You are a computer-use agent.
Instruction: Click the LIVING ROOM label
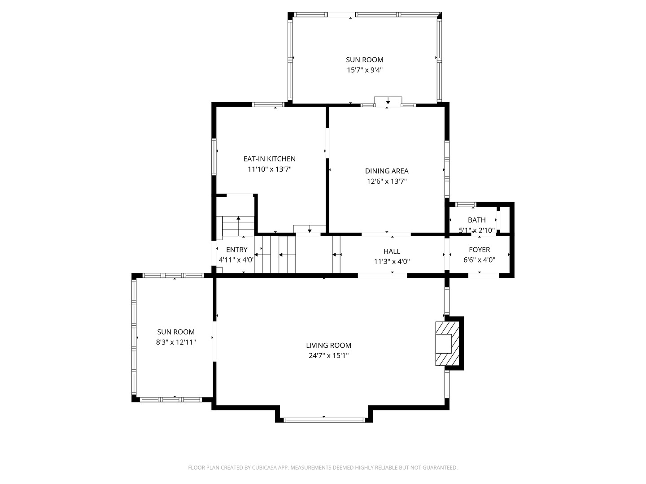pyautogui.click(x=328, y=345)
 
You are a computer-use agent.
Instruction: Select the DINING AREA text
pyautogui.click(x=387, y=171)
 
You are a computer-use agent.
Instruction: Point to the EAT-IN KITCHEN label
pyautogui.click(x=269, y=159)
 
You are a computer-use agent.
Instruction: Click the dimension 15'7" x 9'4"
pyautogui.click(x=365, y=70)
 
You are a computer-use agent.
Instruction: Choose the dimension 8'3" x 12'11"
pyautogui.click(x=176, y=342)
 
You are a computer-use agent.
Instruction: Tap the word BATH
pyautogui.click(x=477, y=220)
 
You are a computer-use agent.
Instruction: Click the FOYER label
pyautogui.click(x=480, y=250)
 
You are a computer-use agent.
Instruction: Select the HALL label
pyautogui.click(x=392, y=251)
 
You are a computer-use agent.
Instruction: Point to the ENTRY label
pyautogui.click(x=236, y=250)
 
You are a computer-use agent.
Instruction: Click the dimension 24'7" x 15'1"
pyautogui.click(x=328, y=355)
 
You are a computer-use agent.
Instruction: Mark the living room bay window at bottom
pyautogui.click(x=324, y=420)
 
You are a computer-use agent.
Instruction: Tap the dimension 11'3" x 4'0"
pyautogui.click(x=392, y=262)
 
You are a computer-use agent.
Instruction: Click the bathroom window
pyautogui.click(x=466, y=204)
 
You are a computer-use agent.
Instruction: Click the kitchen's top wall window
pyautogui.click(x=268, y=104)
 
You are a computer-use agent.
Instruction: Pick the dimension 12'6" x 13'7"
pyautogui.click(x=387, y=181)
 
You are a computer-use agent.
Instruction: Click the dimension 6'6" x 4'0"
pyautogui.click(x=480, y=260)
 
